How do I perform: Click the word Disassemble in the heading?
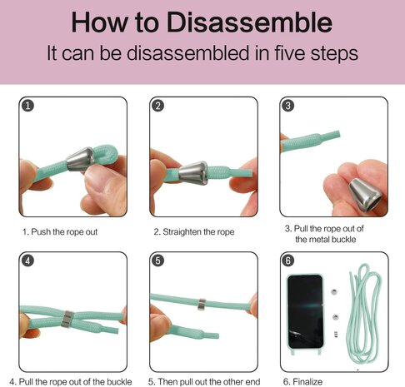[249, 22]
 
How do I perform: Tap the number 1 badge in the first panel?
[28, 106]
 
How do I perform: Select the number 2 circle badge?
[158, 106]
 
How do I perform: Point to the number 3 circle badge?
[288, 106]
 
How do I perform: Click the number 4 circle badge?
[27, 260]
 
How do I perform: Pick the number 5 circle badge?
[158, 260]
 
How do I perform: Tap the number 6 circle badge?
[288, 260]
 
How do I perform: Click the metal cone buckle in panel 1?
[80, 159]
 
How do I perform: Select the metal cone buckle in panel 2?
[193, 173]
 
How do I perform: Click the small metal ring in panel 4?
[67, 319]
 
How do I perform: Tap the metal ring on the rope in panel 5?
[202, 305]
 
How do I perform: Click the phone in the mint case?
[305, 311]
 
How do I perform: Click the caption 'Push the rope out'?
[64, 232]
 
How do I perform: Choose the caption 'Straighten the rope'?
[198, 232]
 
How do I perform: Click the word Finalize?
[307, 382]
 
